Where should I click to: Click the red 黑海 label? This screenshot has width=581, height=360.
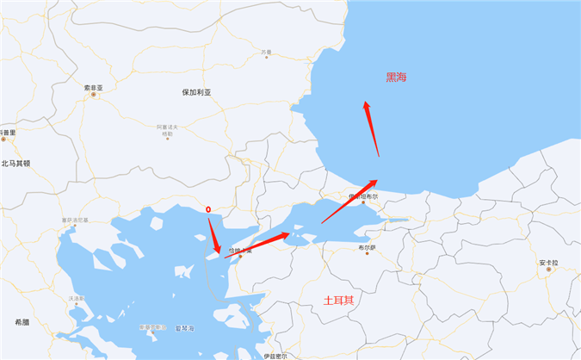coord(397,78)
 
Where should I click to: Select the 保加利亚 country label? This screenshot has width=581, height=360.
coord(197,92)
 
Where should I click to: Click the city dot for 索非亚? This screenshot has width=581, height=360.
coord(95,95)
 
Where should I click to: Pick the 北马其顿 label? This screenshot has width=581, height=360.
coord(15,163)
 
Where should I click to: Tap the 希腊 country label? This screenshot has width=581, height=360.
coord(22,321)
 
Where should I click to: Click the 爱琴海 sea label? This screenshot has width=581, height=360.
coord(184,328)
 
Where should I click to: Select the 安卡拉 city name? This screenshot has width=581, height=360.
coord(549,262)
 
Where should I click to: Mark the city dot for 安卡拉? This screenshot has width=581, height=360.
coord(549,270)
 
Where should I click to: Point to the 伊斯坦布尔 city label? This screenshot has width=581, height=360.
coord(362,197)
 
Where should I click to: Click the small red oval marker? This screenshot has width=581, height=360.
coord(209,208)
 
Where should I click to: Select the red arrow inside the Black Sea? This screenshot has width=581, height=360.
coord(372,128)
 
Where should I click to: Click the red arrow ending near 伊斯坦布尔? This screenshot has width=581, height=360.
coord(348,202)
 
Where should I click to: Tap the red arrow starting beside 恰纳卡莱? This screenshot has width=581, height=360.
coord(258,244)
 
